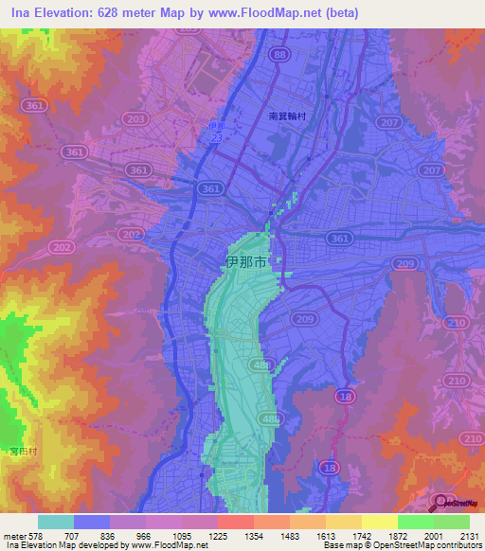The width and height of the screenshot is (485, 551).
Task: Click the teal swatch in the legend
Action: point(56,522)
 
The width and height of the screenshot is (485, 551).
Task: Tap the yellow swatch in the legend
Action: point(379,522)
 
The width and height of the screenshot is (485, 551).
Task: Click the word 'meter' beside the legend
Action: point(14,535)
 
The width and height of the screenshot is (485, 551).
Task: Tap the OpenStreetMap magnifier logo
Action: point(438,500)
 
